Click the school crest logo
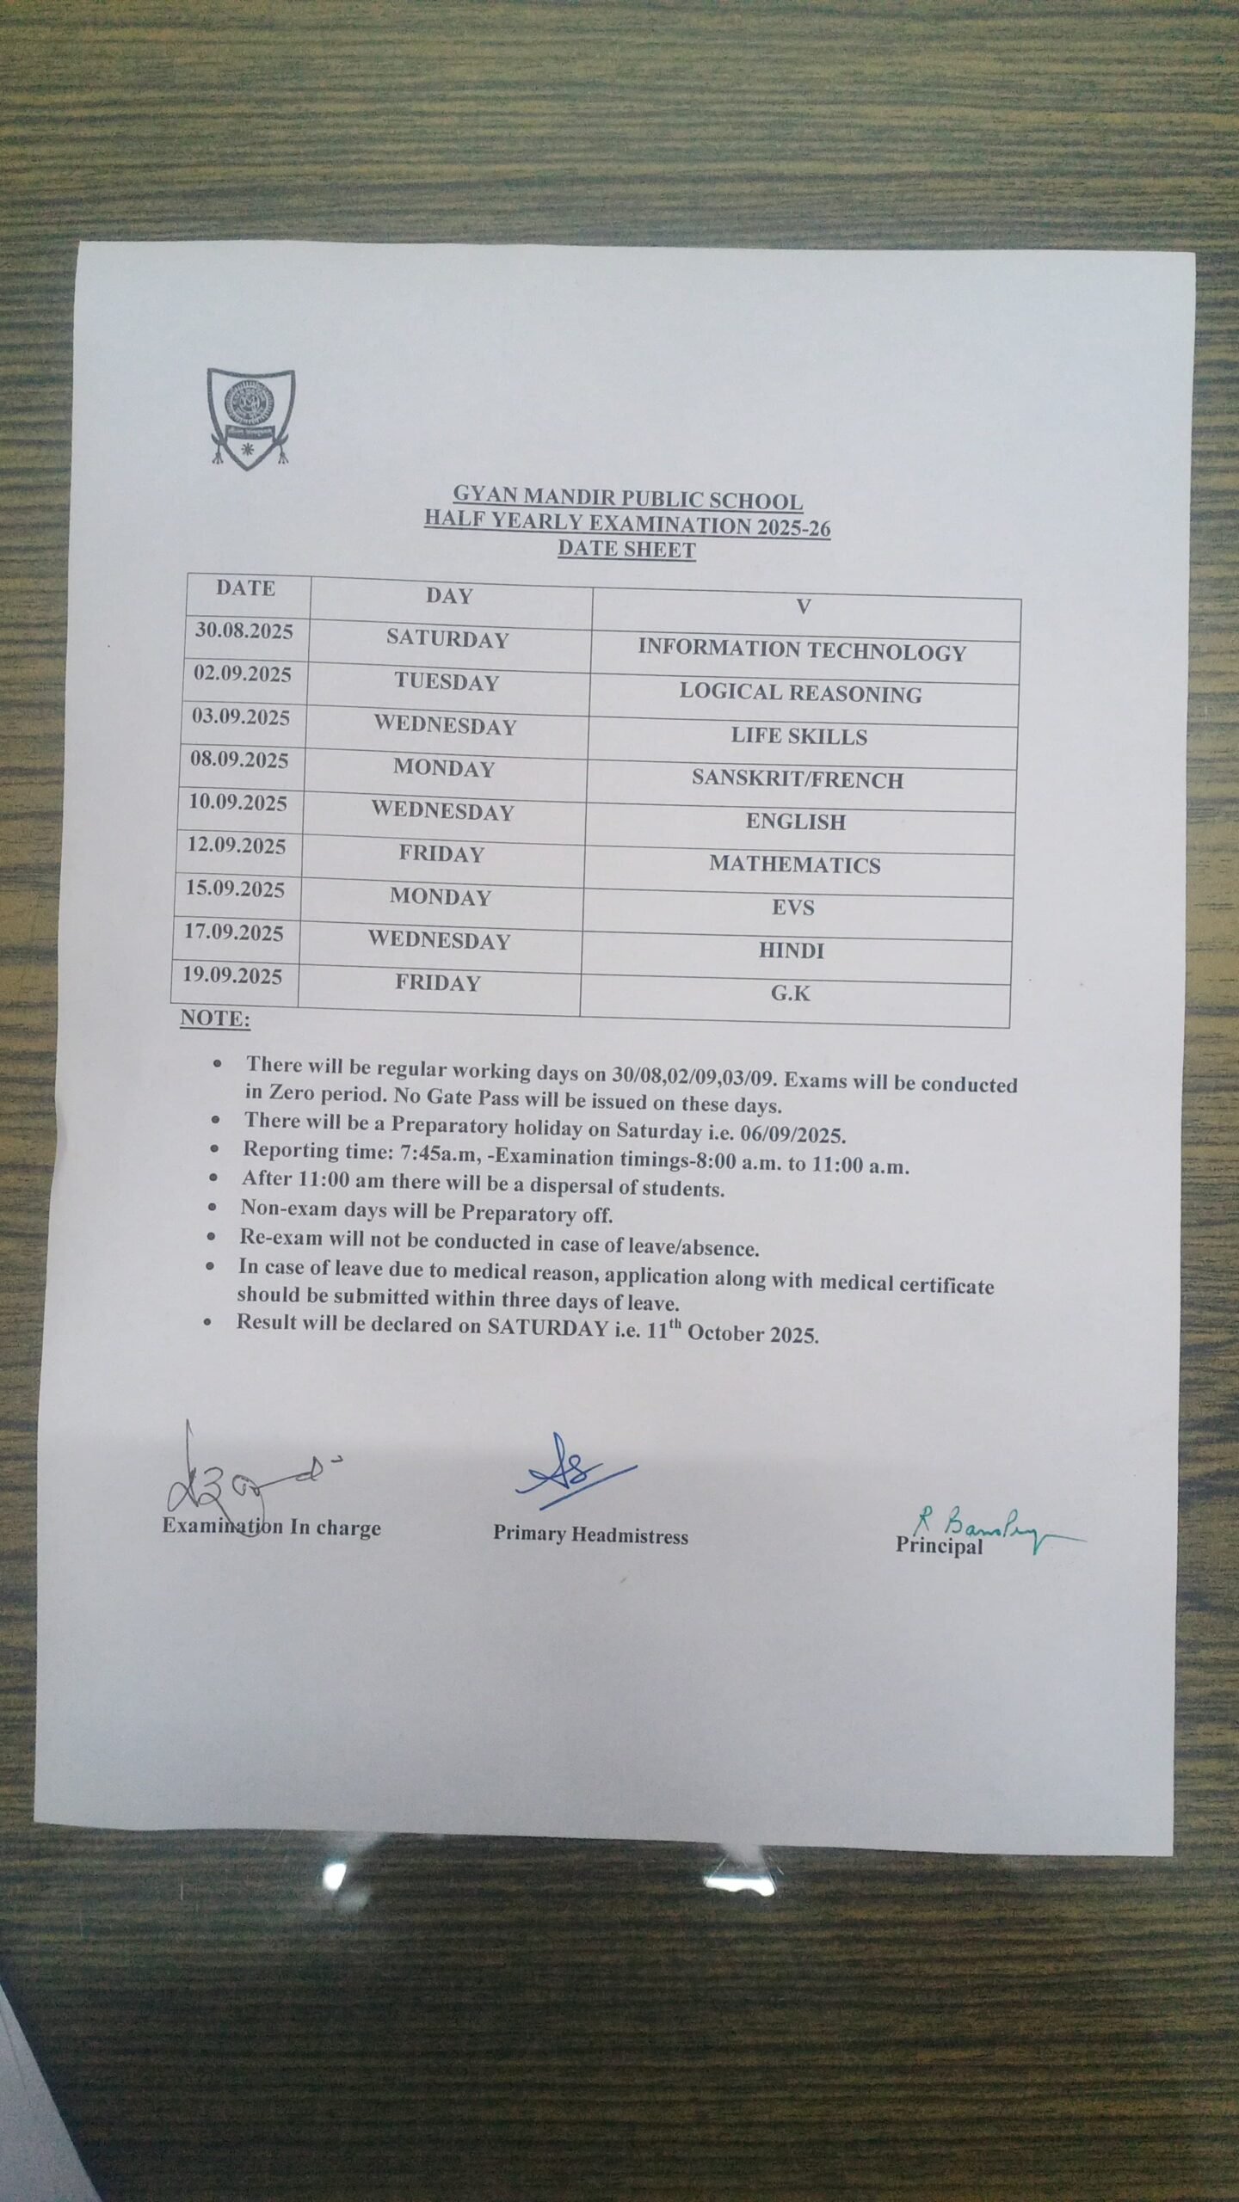[x=250, y=419]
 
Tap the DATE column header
[x=246, y=588]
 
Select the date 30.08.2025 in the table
[x=244, y=631]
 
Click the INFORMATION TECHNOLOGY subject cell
[x=802, y=651]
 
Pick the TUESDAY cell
[x=447, y=682]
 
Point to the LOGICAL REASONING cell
[x=800, y=693]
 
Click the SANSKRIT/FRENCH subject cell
[x=798, y=779]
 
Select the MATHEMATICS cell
[x=795, y=864]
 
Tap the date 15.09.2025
[x=236, y=889]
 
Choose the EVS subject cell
[x=793, y=907]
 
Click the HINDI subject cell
[x=792, y=950]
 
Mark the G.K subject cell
[x=791, y=993]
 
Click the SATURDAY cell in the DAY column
[x=447, y=639]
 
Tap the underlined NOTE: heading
[x=215, y=1019]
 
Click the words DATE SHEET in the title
[x=626, y=549]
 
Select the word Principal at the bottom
[x=939, y=1546]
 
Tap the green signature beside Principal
[x=998, y=1529]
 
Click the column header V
[x=804, y=607]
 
